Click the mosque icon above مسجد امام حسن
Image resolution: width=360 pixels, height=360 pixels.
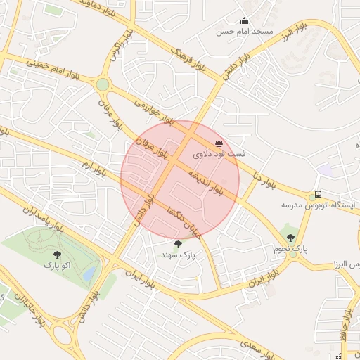point(244,21)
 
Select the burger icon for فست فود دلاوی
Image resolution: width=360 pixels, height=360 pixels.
point(219,143)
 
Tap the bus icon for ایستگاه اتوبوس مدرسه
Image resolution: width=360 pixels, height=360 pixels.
point(318,194)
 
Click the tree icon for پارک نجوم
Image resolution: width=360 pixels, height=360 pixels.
point(291,238)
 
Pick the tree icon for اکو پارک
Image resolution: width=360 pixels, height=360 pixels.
point(57,255)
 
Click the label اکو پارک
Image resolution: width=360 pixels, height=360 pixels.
point(57,265)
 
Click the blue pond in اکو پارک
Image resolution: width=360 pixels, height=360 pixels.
point(89,275)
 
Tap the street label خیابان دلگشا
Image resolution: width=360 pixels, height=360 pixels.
point(184,221)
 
